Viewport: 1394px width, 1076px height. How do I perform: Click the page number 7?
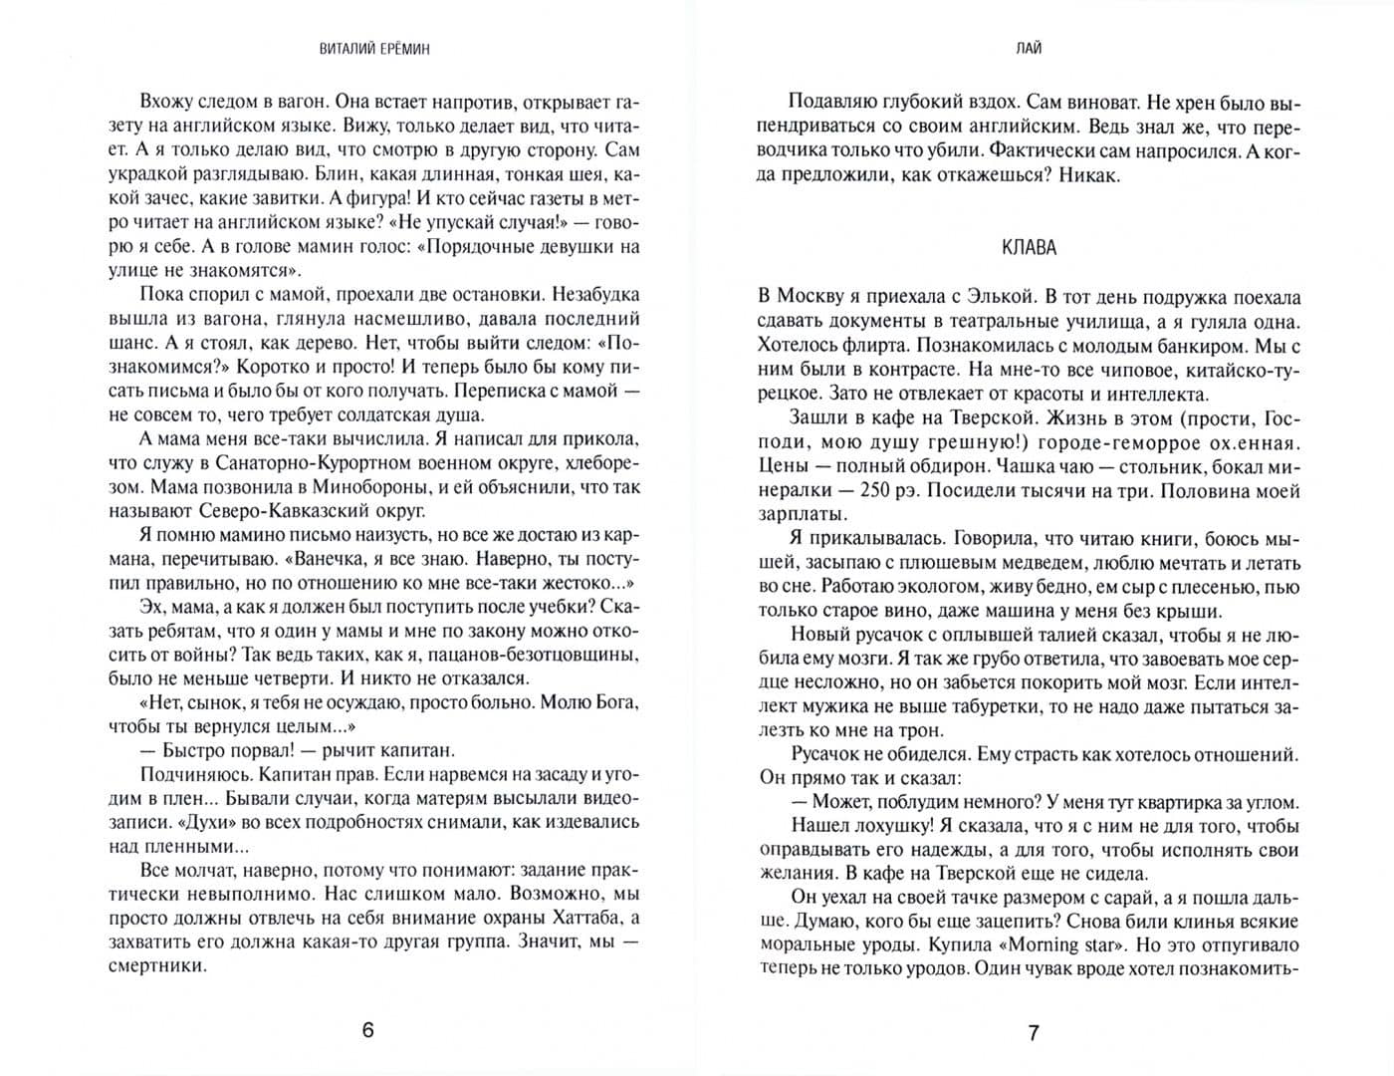1033,1032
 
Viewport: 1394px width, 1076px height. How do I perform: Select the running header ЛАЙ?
1032,48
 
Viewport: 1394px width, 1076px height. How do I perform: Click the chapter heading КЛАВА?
1029,248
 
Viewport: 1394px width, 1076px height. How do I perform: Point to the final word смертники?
156,965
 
